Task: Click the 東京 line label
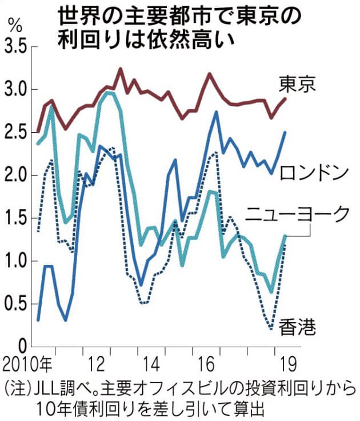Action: point(297,85)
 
